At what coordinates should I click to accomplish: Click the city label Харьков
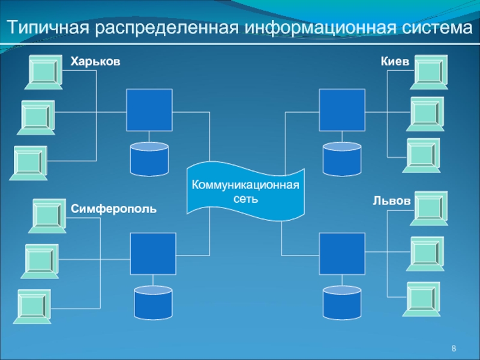[95, 62]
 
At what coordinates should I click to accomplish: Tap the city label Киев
[395, 62]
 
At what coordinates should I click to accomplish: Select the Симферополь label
[113, 209]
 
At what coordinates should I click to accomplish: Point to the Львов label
[392, 201]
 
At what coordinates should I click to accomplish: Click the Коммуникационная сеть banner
[245, 191]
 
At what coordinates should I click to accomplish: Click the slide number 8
[454, 349]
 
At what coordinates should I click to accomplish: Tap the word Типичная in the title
[48, 28]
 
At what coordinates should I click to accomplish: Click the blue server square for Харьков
[149, 110]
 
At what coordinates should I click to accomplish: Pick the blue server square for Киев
[342, 110]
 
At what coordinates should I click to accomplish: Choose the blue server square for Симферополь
[153, 253]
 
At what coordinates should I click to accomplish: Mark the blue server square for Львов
[342, 253]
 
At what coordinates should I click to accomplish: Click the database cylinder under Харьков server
[149, 159]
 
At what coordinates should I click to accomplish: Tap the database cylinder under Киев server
[342, 159]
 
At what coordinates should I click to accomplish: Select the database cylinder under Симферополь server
[153, 303]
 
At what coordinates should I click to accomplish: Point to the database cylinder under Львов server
[342, 303]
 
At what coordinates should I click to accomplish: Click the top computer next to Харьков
[44, 72]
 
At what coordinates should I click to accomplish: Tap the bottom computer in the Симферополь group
[32, 307]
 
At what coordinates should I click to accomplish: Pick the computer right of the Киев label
[429, 72]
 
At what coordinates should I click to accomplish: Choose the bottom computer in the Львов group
[421, 299]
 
